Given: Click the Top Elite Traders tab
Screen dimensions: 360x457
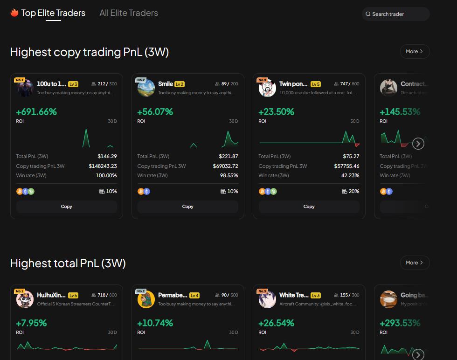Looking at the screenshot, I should click(53, 13).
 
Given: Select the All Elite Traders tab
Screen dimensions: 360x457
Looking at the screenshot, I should click(129, 13).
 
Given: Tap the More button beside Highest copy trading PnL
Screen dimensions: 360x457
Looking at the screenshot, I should click(415, 51).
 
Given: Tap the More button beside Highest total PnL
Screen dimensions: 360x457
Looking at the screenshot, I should click(415, 263).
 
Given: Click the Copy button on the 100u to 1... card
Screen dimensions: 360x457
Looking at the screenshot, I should click(67, 207).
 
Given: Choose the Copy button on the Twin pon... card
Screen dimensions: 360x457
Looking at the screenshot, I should click(309, 207).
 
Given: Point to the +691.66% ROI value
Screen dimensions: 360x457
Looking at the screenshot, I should click(36, 112).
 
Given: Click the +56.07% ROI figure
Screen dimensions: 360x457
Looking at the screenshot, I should click(155, 112).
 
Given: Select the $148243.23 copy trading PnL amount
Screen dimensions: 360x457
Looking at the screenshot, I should click(103, 166).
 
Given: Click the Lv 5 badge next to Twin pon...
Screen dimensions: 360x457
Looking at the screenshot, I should click(316, 84).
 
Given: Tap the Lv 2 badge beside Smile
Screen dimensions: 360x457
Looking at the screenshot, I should click(180, 84).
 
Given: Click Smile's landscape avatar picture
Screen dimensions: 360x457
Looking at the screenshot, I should click(146, 88).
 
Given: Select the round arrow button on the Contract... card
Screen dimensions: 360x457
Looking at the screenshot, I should click(418, 143).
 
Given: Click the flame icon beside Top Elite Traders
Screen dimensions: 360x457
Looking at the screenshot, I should click(14, 13).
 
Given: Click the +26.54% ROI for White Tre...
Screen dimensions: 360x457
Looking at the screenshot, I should click(276, 323).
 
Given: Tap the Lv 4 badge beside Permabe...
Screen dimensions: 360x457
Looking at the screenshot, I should click(194, 295).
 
